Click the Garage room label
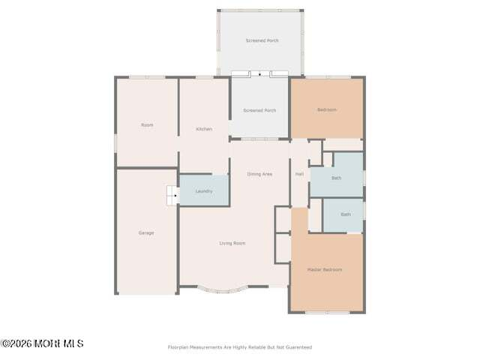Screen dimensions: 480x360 146,233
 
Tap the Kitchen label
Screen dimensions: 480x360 204,129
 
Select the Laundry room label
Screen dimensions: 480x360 204,191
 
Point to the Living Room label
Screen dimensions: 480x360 232,243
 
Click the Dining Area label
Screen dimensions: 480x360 259,174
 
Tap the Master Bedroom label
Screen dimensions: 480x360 325,270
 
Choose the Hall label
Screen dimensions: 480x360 299,174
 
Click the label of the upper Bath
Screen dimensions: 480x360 337,178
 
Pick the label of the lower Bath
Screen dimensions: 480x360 346,214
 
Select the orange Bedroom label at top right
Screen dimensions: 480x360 327,110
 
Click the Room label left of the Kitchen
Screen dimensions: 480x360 147,125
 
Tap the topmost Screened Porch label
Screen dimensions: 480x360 262,40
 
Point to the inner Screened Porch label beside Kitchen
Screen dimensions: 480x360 259,110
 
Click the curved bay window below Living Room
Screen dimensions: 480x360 222,291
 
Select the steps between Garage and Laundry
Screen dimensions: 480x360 173,195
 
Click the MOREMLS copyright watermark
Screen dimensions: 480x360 42,343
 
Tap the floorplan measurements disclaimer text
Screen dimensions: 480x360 240,347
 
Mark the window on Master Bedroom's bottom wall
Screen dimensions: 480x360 328,313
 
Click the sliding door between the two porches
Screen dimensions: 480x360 259,74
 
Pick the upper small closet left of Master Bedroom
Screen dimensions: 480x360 283,219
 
